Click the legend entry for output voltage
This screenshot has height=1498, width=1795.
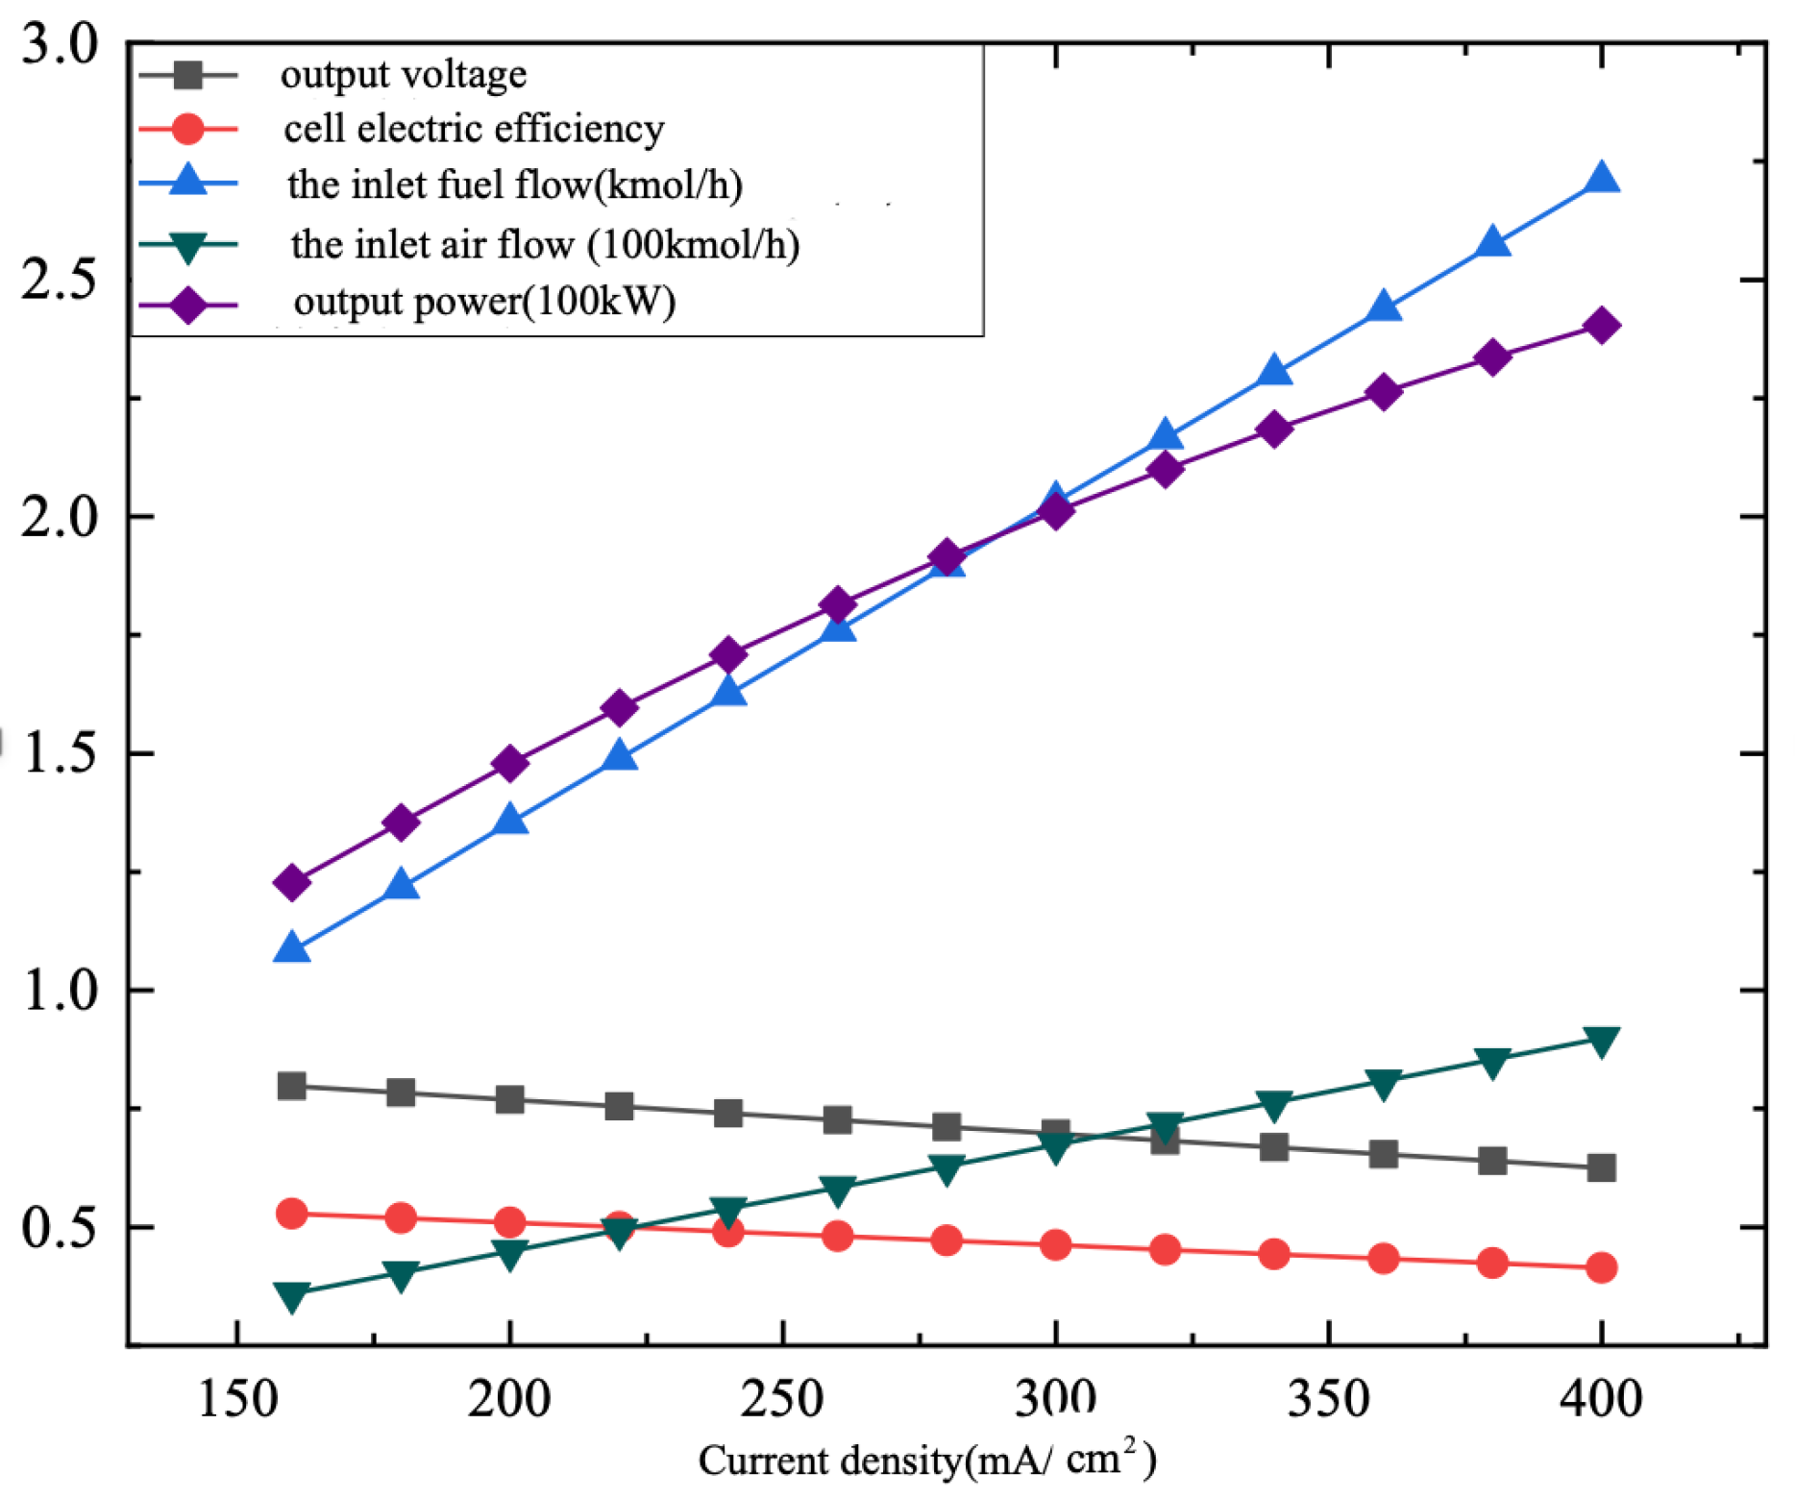(403, 75)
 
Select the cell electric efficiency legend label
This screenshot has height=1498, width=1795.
(473, 129)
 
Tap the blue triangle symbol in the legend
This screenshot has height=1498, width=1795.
(188, 182)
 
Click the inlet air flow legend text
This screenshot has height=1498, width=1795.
(545, 244)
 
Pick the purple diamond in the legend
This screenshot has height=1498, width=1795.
(188, 305)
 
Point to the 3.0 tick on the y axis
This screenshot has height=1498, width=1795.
(60, 44)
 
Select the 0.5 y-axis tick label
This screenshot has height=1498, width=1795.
(60, 1228)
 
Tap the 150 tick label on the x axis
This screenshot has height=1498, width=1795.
(236, 1399)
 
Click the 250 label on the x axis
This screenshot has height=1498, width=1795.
(782, 1399)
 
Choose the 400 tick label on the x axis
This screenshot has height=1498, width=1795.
(1601, 1399)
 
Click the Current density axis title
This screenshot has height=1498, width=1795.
(927, 1461)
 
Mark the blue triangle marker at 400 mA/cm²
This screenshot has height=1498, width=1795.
(1601, 179)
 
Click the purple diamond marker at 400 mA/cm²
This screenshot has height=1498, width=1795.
(1601, 326)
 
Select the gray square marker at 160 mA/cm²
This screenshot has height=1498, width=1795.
(291, 1087)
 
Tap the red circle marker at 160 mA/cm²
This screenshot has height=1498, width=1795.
(291, 1214)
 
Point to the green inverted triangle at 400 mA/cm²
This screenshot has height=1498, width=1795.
(1601, 1041)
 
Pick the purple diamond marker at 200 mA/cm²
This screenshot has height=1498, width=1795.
(510, 764)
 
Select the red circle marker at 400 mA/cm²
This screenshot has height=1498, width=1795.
(1601, 1268)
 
